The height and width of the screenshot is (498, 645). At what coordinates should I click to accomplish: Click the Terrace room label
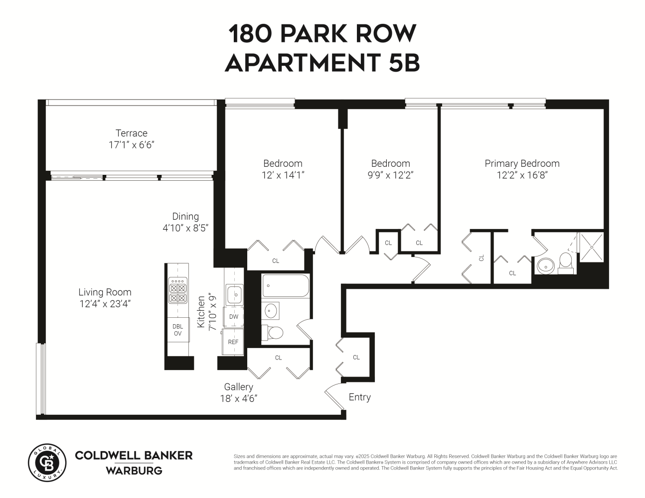point(132,133)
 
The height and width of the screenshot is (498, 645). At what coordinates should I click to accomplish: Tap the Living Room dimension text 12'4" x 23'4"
point(105,304)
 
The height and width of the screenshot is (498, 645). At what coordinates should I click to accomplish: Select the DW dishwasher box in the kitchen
point(233,317)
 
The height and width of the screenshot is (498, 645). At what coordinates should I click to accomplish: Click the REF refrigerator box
point(233,342)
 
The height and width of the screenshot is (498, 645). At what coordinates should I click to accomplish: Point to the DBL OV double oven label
point(177,330)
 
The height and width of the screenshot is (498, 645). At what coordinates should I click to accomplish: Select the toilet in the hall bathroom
point(273,331)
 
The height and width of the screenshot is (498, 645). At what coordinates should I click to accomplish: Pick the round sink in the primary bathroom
point(546,266)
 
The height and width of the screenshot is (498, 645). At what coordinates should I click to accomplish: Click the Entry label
point(359,397)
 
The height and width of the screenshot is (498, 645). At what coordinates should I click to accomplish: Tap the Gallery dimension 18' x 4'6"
point(238,398)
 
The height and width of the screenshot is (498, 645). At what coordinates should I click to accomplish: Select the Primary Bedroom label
point(522,163)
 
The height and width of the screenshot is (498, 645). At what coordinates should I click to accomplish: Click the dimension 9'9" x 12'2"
point(390,175)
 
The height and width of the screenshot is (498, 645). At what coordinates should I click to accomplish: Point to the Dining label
point(185,216)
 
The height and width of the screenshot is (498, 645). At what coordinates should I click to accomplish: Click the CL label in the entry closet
point(356,357)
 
